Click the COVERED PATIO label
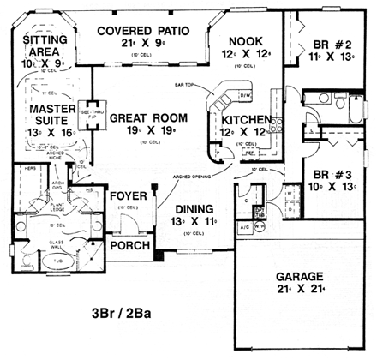(142, 31)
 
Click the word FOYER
(125, 195)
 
